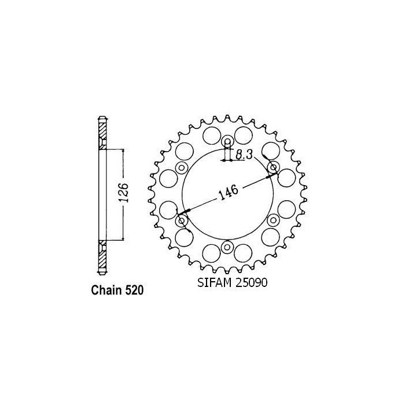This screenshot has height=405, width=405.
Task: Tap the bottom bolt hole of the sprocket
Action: point(227,248)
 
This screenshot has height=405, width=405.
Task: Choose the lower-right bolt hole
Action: point(273,221)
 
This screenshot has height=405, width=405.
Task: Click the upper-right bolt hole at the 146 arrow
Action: point(273,168)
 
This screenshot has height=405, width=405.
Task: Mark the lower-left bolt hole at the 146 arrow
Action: point(182,221)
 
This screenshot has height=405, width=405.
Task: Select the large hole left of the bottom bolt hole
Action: point(212,252)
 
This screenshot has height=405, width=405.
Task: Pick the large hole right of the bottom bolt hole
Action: point(244,252)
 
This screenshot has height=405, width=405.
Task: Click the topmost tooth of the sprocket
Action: point(227,115)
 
